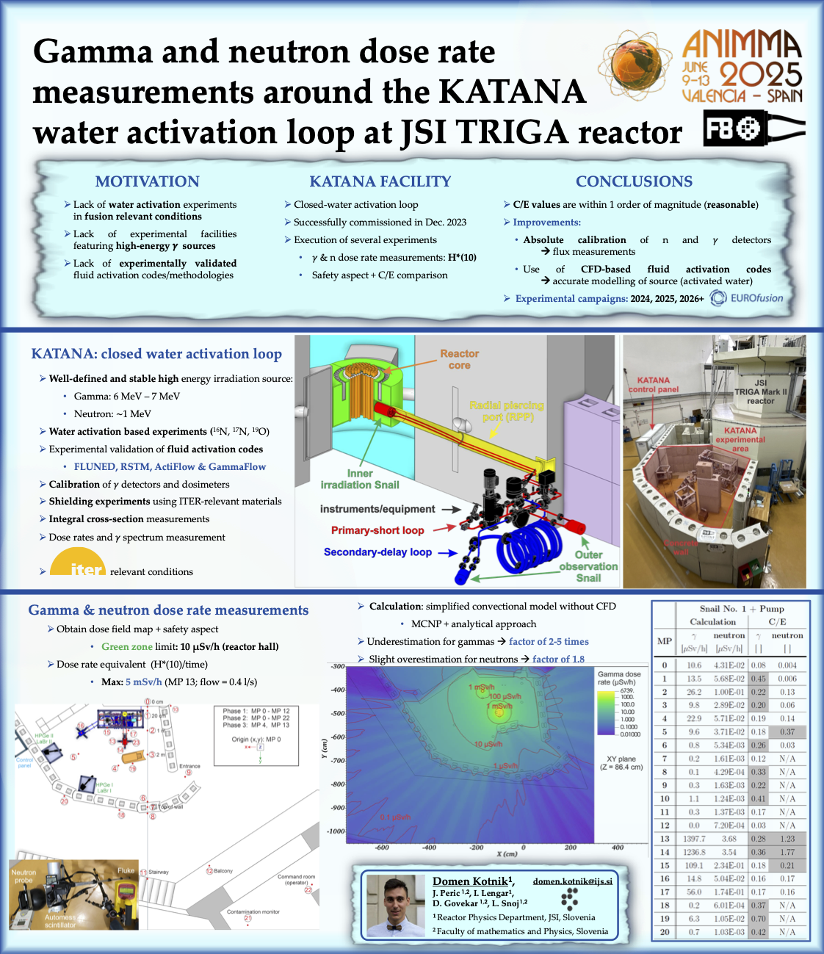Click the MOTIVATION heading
147,181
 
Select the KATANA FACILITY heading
380,181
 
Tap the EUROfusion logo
747,298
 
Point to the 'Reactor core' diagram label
459,359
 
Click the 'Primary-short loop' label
377,530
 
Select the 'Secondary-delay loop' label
377,552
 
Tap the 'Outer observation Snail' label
588,566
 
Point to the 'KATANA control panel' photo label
653,385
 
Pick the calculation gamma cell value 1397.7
693,839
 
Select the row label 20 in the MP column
664,932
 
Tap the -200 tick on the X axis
476,848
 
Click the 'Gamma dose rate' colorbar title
618,678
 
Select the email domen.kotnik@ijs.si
572,881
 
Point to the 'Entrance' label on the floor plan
189,766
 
